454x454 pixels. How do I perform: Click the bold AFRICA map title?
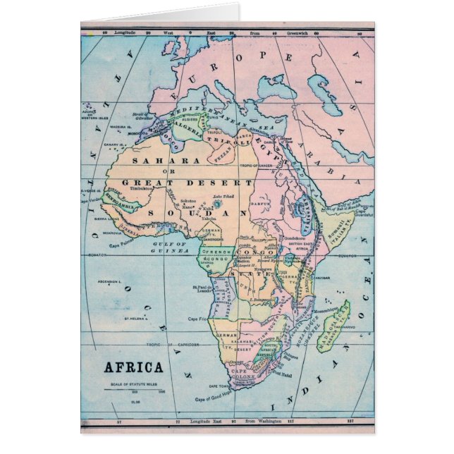coord(134,367)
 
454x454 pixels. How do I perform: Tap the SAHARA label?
coord(157,161)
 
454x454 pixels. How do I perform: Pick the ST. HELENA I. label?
coord(135,319)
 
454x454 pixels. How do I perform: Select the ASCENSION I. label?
coord(113,281)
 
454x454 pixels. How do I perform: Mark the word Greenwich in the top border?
coord(301,32)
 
